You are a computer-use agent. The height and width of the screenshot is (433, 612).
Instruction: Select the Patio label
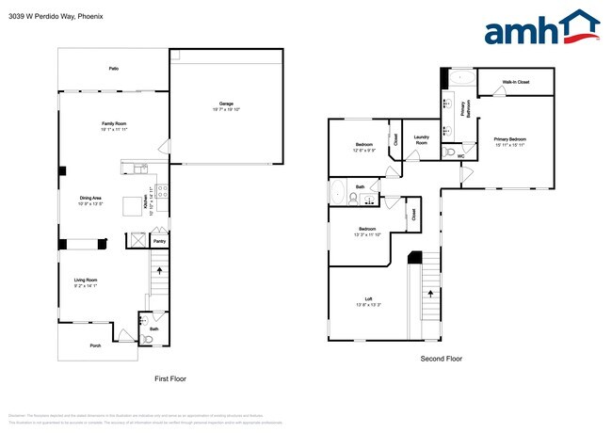113,69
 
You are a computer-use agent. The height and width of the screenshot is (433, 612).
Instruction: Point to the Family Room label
114,125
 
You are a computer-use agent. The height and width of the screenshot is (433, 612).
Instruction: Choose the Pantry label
159,242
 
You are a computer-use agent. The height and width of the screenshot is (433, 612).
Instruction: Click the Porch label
95,345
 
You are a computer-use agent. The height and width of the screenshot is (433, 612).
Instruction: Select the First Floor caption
170,378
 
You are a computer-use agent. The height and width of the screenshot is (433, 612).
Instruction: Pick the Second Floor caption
441,359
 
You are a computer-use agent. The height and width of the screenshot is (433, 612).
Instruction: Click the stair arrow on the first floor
158,270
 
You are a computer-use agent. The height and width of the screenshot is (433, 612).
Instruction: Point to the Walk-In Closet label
515,82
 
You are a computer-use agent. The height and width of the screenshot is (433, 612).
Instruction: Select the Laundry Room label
421,140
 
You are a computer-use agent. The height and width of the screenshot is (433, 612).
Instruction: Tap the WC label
460,155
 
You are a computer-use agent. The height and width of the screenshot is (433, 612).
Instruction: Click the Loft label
368,301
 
